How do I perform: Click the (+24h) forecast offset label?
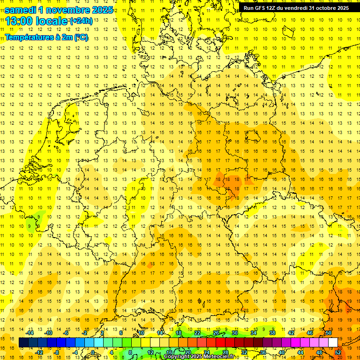click(x=81, y=21)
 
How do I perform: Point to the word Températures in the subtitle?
click(x=29, y=37)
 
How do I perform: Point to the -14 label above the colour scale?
click(x=30, y=333)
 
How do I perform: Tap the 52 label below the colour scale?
click(x=337, y=352)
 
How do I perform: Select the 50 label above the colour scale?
click(x=328, y=333)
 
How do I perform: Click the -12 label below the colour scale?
click(x=39, y=352)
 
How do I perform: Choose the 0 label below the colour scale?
click(x=93, y=352)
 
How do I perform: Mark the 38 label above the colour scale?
click(x=272, y=333)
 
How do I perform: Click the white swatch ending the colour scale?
click(x=333, y=343)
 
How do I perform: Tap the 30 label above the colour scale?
click(x=234, y=333)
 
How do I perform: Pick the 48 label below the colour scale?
click(x=319, y=352)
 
